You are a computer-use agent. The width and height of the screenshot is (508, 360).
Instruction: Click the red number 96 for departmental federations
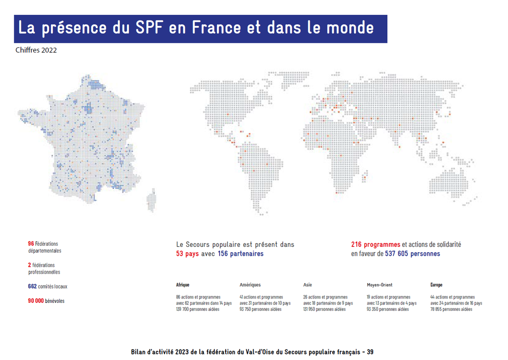[31, 244]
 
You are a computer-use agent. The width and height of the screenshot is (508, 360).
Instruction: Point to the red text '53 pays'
[188, 254]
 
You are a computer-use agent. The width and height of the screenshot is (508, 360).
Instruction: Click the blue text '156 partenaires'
[241, 254]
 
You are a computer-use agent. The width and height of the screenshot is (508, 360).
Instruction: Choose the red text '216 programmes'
[376, 245]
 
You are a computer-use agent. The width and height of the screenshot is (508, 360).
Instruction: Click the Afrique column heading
[183, 285]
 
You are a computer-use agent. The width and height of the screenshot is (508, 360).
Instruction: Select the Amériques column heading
[250, 285]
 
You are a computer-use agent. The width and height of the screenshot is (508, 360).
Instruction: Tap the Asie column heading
[308, 285]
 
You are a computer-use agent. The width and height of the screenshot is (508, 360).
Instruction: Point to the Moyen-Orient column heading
[380, 285]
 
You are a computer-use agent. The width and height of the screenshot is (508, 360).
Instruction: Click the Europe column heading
[437, 285]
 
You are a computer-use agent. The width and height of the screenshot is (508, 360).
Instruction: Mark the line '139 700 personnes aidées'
[197, 309]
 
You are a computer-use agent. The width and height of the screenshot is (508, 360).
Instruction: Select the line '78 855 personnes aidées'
[451, 309]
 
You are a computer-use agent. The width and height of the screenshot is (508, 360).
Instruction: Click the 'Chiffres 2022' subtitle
[36, 50]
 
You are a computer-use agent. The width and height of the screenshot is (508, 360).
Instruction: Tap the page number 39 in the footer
[370, 352]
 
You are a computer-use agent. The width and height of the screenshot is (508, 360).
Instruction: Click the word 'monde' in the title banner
[350, 28]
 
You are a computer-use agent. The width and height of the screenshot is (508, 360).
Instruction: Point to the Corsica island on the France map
[150, 200]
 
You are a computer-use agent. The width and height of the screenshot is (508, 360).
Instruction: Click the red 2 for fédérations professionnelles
[30, 265]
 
